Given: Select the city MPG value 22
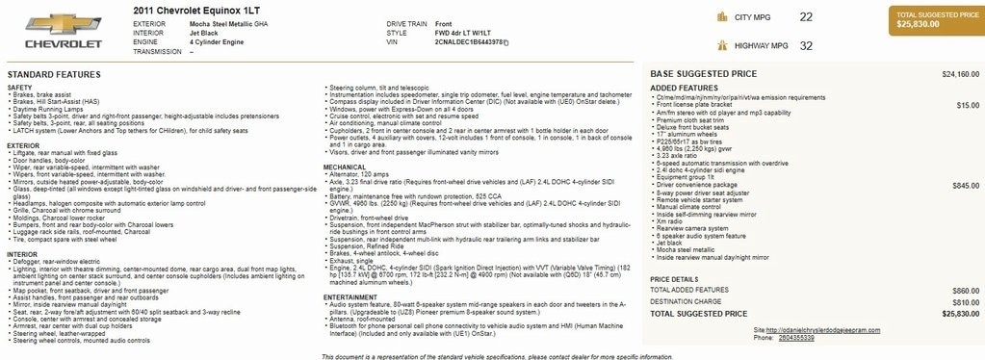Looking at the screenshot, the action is pyautogui.click(x=806, y=17).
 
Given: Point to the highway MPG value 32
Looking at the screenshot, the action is pyautogui.click(x=806, y=45).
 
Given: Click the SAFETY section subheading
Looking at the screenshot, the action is pyautogui.click(x=19, y=87).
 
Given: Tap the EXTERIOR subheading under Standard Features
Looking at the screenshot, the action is pyautogui.click(x=24, y=145).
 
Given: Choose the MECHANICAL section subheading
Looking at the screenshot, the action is pyautogui.click(x=345, y=166).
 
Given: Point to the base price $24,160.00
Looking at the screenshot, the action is pyautogui.click(x=960, y=74).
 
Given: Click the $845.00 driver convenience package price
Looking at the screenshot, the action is pyautogui.click(x=966, y=185).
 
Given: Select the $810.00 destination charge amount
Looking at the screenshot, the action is pyautogui.click(x=966, y=301).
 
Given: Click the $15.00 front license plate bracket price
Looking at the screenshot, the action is pyautogui.click(x=969, y=105).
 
